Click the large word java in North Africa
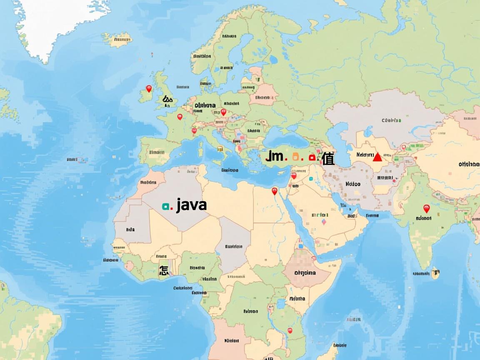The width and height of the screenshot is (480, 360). point(191,205)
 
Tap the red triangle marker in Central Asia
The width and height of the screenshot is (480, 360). point(377,157)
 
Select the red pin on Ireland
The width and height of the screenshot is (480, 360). point(149,88)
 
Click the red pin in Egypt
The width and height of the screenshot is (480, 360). point(274,191)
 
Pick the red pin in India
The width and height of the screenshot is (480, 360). point(426,208)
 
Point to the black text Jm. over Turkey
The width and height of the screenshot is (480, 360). point(275,157)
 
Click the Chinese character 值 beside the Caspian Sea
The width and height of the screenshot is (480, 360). point(328,158)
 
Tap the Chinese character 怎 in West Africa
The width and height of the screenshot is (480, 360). point(163,270)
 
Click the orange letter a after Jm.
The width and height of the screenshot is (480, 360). point(296,157)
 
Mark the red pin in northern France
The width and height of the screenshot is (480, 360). point(180,117)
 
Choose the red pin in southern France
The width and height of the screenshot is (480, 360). point(194,131)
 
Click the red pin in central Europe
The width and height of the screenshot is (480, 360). point(223,112)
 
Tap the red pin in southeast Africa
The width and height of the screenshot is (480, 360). point(290,330)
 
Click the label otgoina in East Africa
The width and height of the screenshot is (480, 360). point(305,273)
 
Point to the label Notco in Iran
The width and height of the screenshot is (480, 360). point(353,183)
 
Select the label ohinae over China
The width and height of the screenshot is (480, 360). point(469,164)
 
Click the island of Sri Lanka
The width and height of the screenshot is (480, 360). point(435,273)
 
